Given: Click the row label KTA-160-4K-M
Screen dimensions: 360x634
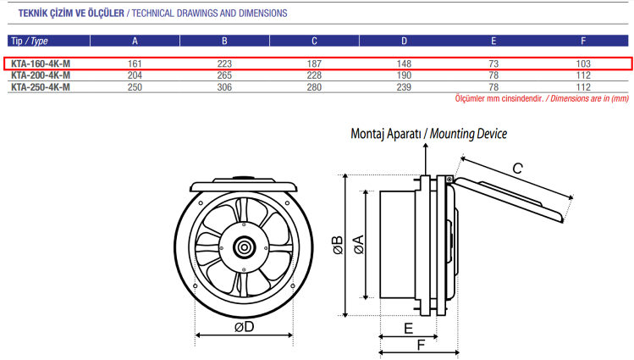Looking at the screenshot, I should [41, 64].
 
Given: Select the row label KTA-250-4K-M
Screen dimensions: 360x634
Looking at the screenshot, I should [41, 86].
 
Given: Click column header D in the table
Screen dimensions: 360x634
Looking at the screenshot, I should [404, 41].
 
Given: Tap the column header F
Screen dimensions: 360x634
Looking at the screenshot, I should [582, 41].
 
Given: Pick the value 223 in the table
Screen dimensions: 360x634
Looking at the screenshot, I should [223, 64].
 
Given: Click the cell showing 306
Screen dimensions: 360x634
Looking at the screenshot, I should [223, 86].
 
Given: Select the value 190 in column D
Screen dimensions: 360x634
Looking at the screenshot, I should [404, 75].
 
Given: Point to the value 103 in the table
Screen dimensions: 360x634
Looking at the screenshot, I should [582, 64].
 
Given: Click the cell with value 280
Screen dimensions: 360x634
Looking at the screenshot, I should [314, 86].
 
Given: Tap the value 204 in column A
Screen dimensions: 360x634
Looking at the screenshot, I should [135, 75].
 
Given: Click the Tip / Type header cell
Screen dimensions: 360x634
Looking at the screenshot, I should [29, 41].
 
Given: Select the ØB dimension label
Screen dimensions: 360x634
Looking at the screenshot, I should [337, 244].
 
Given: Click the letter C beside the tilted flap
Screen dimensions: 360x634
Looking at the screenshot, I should [516, 169].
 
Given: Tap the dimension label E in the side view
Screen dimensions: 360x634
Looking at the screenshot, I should [408, 328].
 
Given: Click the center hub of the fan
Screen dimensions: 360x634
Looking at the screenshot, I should [244, 246].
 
